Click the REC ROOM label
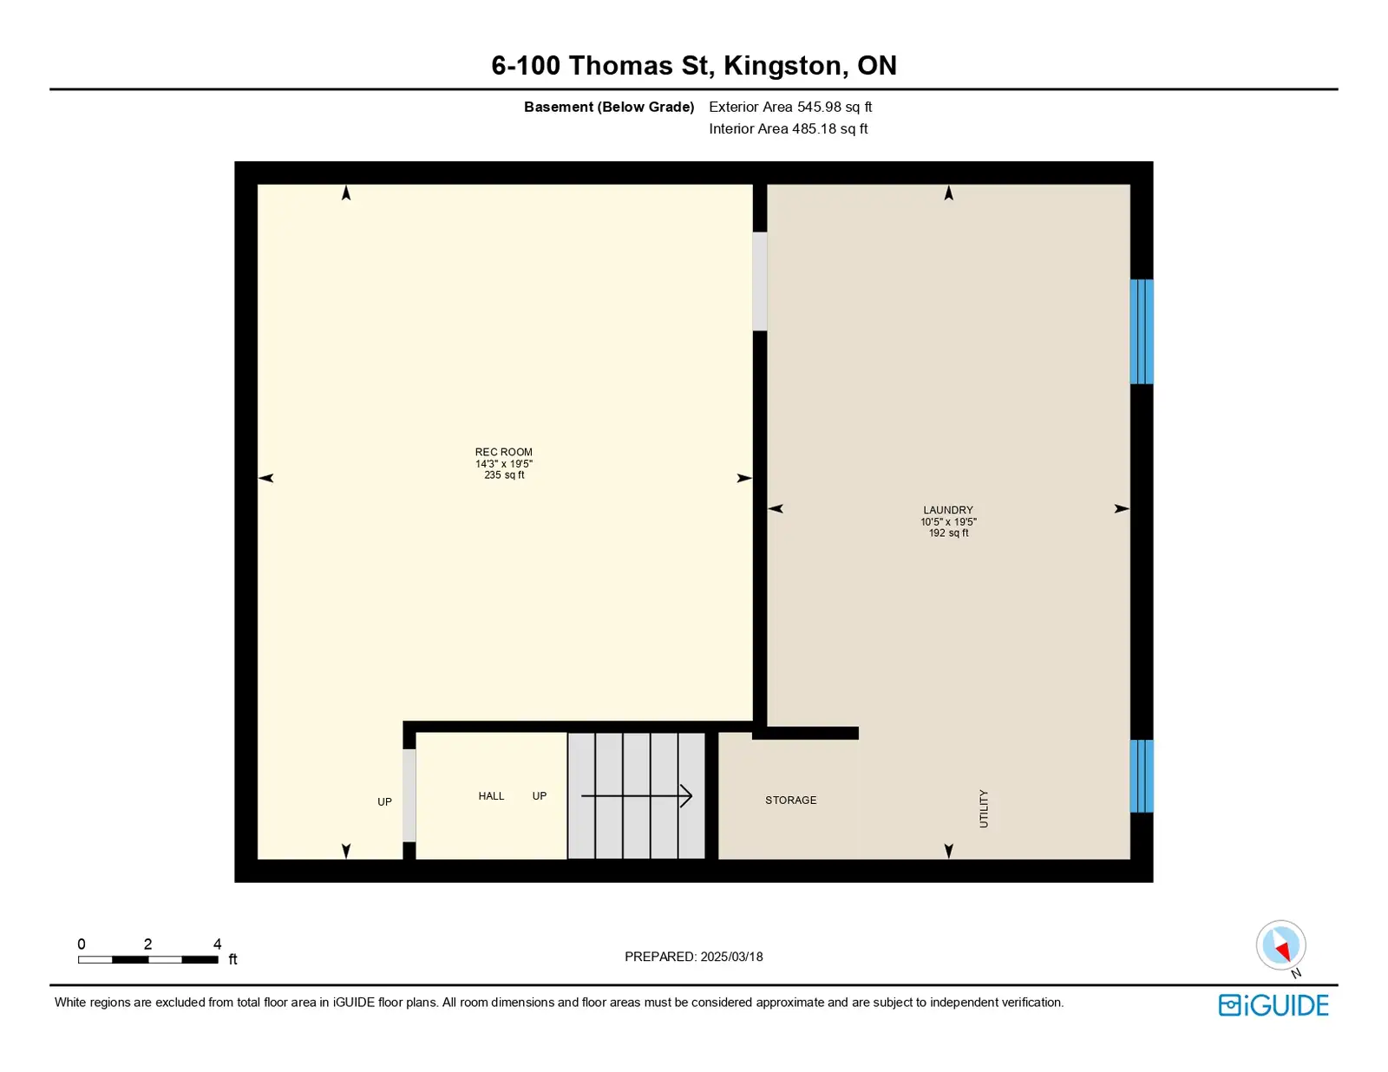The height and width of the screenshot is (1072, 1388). coord(503,452)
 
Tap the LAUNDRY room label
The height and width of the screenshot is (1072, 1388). coord(948,510)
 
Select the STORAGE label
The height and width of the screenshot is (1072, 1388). coord(791,800)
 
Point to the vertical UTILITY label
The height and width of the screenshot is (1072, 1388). coord(984,808)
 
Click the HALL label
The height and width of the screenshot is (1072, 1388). coord(491,796)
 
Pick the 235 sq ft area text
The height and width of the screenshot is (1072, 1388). coord(504,475)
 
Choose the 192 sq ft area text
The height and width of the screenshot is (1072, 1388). coord(948,533)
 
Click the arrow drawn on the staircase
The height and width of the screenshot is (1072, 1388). coord(637,796)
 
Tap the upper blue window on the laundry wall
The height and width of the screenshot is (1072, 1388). coord(1142,331)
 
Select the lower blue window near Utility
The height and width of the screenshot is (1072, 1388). coord(1142,775)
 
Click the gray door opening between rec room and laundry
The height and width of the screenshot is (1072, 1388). coord(759,282)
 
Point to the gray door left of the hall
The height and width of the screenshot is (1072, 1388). coord(409,795)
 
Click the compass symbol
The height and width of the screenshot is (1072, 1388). coord(1280,945)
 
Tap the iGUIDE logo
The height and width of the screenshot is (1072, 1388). coord(1273,1005)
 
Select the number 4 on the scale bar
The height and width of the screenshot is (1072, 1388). coord(217,944)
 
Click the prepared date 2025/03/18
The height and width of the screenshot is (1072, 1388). coord(731,957)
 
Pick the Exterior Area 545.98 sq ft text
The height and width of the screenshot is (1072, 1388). coord(790,107)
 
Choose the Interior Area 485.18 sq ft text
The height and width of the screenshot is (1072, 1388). coord(789,128)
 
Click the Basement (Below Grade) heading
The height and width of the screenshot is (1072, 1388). coord(609,107)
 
